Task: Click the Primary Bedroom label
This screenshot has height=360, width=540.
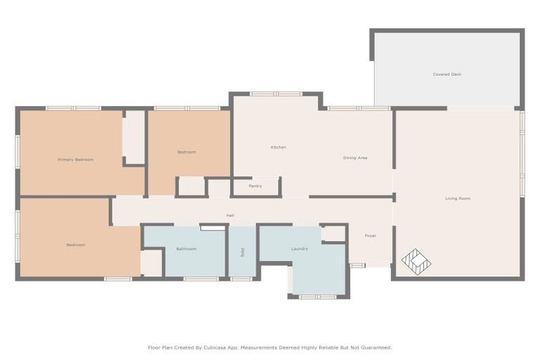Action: click(75, 160)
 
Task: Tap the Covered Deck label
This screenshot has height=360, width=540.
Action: click(447, 74)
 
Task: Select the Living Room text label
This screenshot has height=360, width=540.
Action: click(458, 198)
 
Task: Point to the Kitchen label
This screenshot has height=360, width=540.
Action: click(278, 147)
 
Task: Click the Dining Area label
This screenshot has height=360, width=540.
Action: click(355, 157)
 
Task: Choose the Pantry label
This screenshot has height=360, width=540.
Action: click(255, 186)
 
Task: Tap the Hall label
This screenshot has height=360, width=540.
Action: click(230, 215)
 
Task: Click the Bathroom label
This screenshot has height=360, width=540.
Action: click(186, 248)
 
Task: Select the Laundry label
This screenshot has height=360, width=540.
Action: click(300, 248)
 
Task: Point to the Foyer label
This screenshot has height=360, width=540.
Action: click(370, 236)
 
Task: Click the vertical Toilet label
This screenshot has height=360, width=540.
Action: click(242, 251)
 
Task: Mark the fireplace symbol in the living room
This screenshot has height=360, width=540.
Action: click(416, 262)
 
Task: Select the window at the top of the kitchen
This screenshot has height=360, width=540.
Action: click(276, 94)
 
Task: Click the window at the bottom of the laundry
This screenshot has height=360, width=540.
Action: click(318, 297)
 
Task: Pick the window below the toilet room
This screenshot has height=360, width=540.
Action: click(241, 279)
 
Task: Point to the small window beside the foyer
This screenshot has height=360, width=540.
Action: click(357, 265)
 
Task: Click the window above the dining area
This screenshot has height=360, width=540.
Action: click(359, 108)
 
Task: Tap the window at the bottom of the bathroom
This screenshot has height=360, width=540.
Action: click(201, 279)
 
